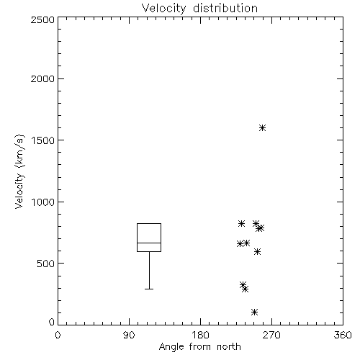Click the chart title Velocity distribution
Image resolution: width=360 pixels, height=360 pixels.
[199, 8]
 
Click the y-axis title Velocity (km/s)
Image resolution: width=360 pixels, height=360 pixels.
[19, 171]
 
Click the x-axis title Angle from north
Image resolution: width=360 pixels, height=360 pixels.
[199, 347]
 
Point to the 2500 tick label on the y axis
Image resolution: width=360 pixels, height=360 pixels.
[42, 19]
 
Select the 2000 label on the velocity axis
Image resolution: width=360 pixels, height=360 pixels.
[42, 78]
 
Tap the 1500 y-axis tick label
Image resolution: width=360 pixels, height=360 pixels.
[43, 140]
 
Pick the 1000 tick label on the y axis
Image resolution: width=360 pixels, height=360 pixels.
[43, 202]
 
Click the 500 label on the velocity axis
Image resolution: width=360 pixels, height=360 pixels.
[45, 264]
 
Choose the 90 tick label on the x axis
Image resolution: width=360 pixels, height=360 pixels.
[129, 335]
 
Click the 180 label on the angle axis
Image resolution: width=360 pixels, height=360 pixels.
[200, 335]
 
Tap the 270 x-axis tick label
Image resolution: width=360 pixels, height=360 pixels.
[271, 335]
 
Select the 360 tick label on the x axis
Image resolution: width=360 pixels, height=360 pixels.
[343, 335]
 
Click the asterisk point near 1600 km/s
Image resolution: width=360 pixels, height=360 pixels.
[263, 127]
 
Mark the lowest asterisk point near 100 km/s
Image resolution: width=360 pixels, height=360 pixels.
[254, 312]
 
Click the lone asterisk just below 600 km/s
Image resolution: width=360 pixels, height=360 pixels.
[257, 251]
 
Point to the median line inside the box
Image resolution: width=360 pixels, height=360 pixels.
[149, 243]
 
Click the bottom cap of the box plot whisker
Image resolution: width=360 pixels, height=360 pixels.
[149, 289]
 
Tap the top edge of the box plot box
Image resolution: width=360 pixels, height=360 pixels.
[149, 224]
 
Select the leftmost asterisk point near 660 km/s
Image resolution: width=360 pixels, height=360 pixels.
[240, 244]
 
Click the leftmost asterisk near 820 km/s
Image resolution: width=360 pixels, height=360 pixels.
[241, 224]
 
